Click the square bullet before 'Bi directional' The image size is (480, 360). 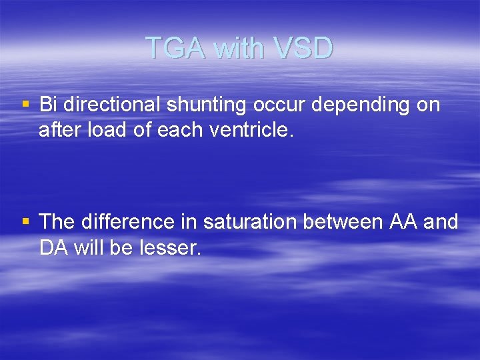25,105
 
